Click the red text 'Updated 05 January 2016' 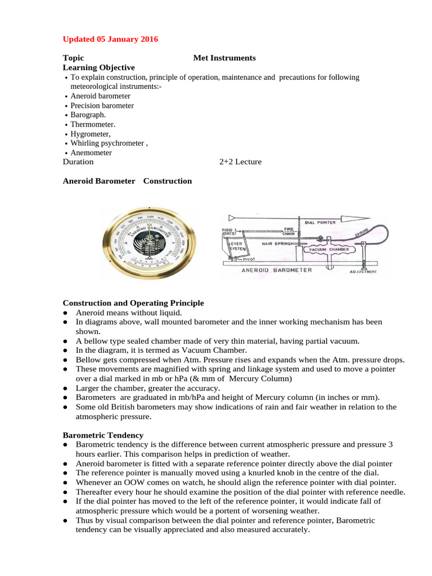[x=110, y=39]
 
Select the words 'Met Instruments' [x=224, y=58]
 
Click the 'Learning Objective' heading [x=98, y=67]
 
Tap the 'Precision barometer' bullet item [x=102, y=106]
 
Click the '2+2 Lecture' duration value [x=240, y=162]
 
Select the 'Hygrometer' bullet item [x=90, y=134]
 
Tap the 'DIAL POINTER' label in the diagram [x=320, y=222]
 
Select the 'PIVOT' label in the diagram [x=249, y=259]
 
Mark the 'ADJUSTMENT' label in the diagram [x=363, y=272]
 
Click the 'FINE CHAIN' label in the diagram [x=289, y=231]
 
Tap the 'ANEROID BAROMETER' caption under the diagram [x=276, y=270]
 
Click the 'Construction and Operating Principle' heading [x=133, y=303]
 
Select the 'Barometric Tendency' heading [x=103, y=435]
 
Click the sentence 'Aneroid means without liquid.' [x=129, y=313]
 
